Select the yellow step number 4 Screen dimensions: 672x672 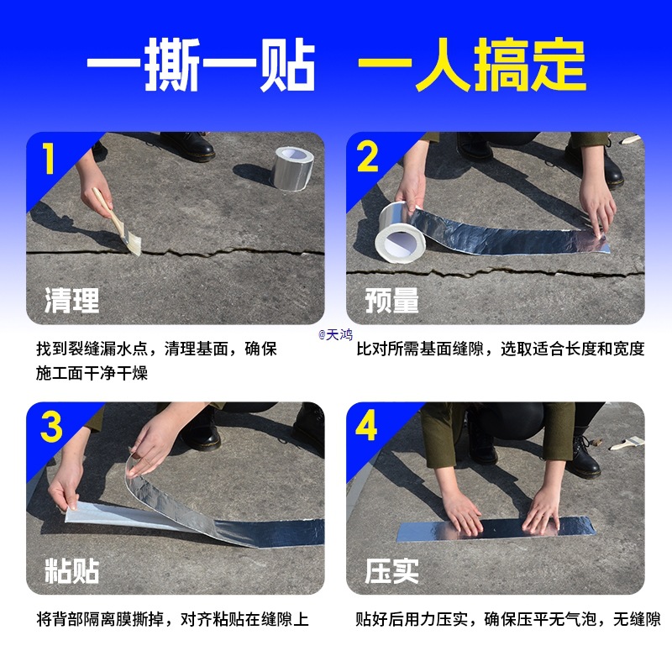pyautogui.click(x=368, y=428)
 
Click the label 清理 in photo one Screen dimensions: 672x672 pyautogui.click(x=71, y=299)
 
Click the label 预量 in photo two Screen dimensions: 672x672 pyautogui.click(x=391, y=299)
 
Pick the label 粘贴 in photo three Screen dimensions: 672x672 pyautogui.click(x=71, y=570)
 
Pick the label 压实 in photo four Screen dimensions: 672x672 pyautogui.click(x=391, y=570)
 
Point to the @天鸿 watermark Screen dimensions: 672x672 pyautogui.click(x=335, y=334)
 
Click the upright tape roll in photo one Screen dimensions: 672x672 pyautogui.click(x=294, y=168)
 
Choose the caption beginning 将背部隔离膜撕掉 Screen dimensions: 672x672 pyautogui.click(x=173, y=620)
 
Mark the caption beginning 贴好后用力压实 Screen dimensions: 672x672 pyautogui.click(x=508, y=620)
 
